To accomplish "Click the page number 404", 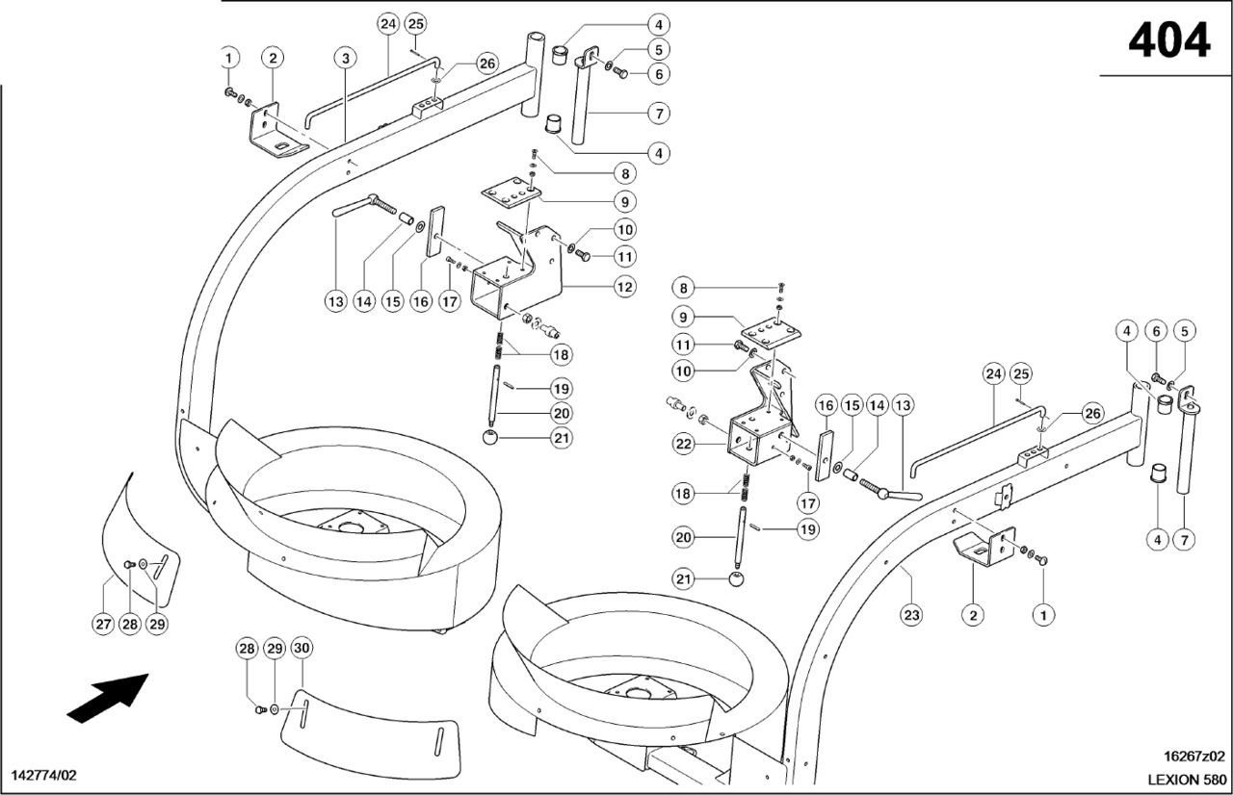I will [x=1168, y=40].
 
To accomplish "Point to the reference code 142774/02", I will [x=43, y=775].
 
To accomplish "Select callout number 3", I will [x=346, y=59].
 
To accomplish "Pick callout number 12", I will [x=624, y=286].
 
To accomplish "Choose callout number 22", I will [x=683, y=443].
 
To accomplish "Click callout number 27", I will [x=103, y=624].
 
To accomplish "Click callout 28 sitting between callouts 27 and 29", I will [x=130, y=624].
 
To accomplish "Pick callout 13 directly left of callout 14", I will [x=334, y=301].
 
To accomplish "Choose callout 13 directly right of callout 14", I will [x=903, y=405].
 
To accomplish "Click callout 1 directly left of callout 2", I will [x=228, y=59].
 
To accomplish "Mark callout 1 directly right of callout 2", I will [x=1040, y=613].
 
